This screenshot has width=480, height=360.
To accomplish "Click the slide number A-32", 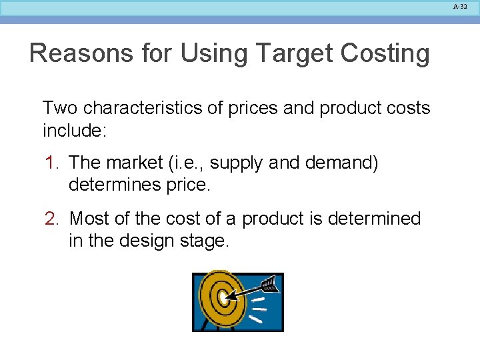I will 459,6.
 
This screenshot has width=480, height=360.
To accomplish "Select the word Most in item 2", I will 91,219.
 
